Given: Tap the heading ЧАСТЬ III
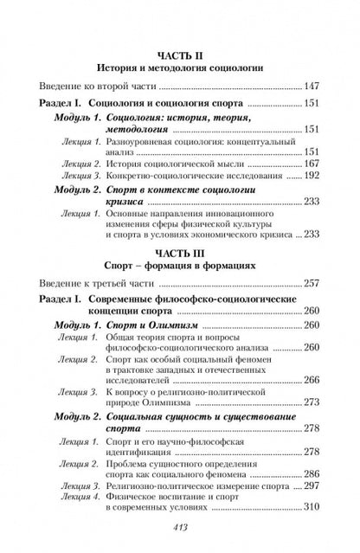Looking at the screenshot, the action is [x=179, y=245].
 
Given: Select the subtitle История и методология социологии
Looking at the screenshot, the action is [x=179, y=66].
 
